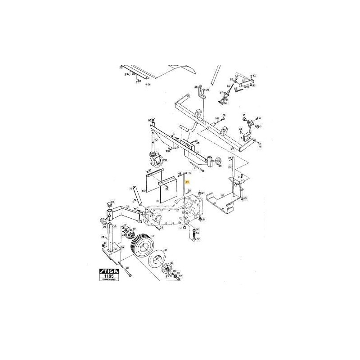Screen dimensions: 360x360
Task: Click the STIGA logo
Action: point(109,271)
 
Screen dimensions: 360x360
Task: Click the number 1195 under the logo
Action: point(109,276)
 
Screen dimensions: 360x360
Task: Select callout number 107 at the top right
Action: point(254,75)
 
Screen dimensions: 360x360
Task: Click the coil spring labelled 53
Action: point(194,234)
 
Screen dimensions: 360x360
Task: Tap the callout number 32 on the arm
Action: point(127,207)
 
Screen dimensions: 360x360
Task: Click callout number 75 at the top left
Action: point(120,67)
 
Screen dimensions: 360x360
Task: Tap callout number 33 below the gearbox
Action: point(161,228)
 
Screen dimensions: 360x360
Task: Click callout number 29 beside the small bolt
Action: point(208,90)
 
